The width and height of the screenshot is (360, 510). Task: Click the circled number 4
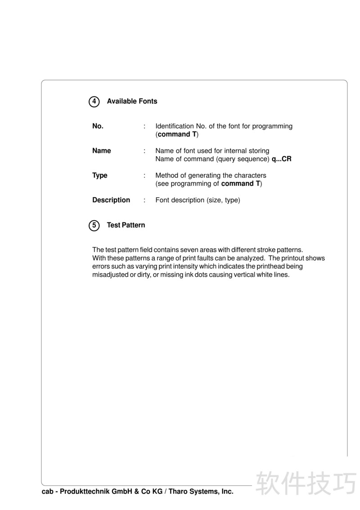click(94, 102)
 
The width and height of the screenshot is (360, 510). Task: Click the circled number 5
click(94, 226)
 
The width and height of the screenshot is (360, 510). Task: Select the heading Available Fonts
click(132, 101)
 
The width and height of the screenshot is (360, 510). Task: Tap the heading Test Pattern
click(126, 225)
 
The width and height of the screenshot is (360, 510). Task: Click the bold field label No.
click(98, 126)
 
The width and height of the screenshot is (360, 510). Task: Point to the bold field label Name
click(101, 151)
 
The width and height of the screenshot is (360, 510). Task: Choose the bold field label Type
click(99, 176)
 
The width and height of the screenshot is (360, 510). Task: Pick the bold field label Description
click(111, 200)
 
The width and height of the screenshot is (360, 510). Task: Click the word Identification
click(175, 126)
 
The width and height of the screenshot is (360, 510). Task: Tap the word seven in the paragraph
click(196, 249)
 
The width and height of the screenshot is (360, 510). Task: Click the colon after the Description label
click(144, 200)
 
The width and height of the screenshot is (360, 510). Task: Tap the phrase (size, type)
click(223, 200)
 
